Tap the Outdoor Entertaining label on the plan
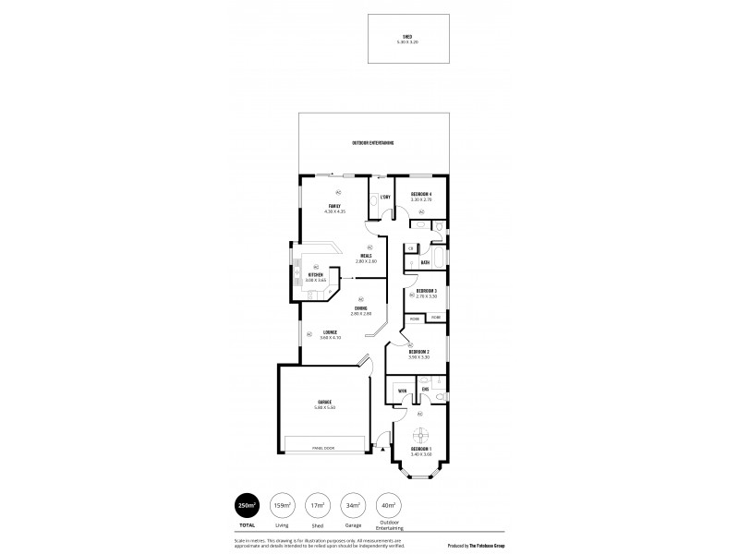(373, 143)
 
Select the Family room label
(334, 205)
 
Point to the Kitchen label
(316, 274)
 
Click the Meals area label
(367, 258)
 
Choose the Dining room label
(360, 309)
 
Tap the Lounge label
(330, 332)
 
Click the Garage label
(324, 403)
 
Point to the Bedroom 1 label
(421, 449)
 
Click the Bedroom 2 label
(418, 351)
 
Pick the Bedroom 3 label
(426, 291)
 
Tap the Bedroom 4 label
(421, 193)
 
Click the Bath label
(425, 262)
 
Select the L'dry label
(385, 197)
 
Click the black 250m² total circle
(247, 506)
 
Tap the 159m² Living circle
(282, 506)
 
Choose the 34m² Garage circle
(352, 506)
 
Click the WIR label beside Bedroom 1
(402, 391)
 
